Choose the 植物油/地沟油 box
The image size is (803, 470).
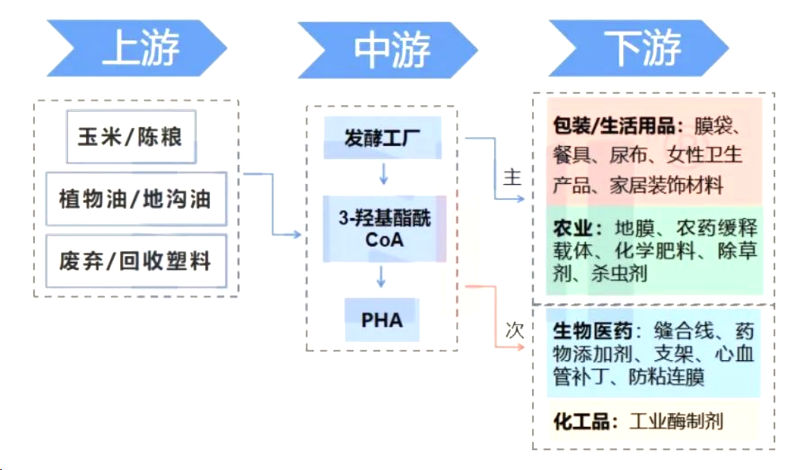point(135,199)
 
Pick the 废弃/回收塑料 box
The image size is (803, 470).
point(135,262)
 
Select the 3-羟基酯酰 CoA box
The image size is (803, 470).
point(384,229)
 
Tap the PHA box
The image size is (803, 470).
point(382,320)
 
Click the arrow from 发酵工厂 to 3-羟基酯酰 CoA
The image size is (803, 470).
point(381,173)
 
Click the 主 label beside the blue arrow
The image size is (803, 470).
point(513,178)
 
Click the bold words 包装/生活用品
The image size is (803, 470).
point(614,126)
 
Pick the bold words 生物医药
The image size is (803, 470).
point(593,331)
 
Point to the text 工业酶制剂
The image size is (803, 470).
point(676,422)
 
